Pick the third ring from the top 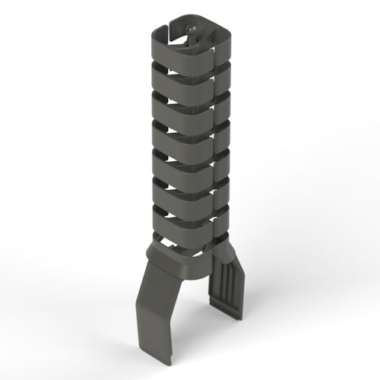[x=179, y=106]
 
